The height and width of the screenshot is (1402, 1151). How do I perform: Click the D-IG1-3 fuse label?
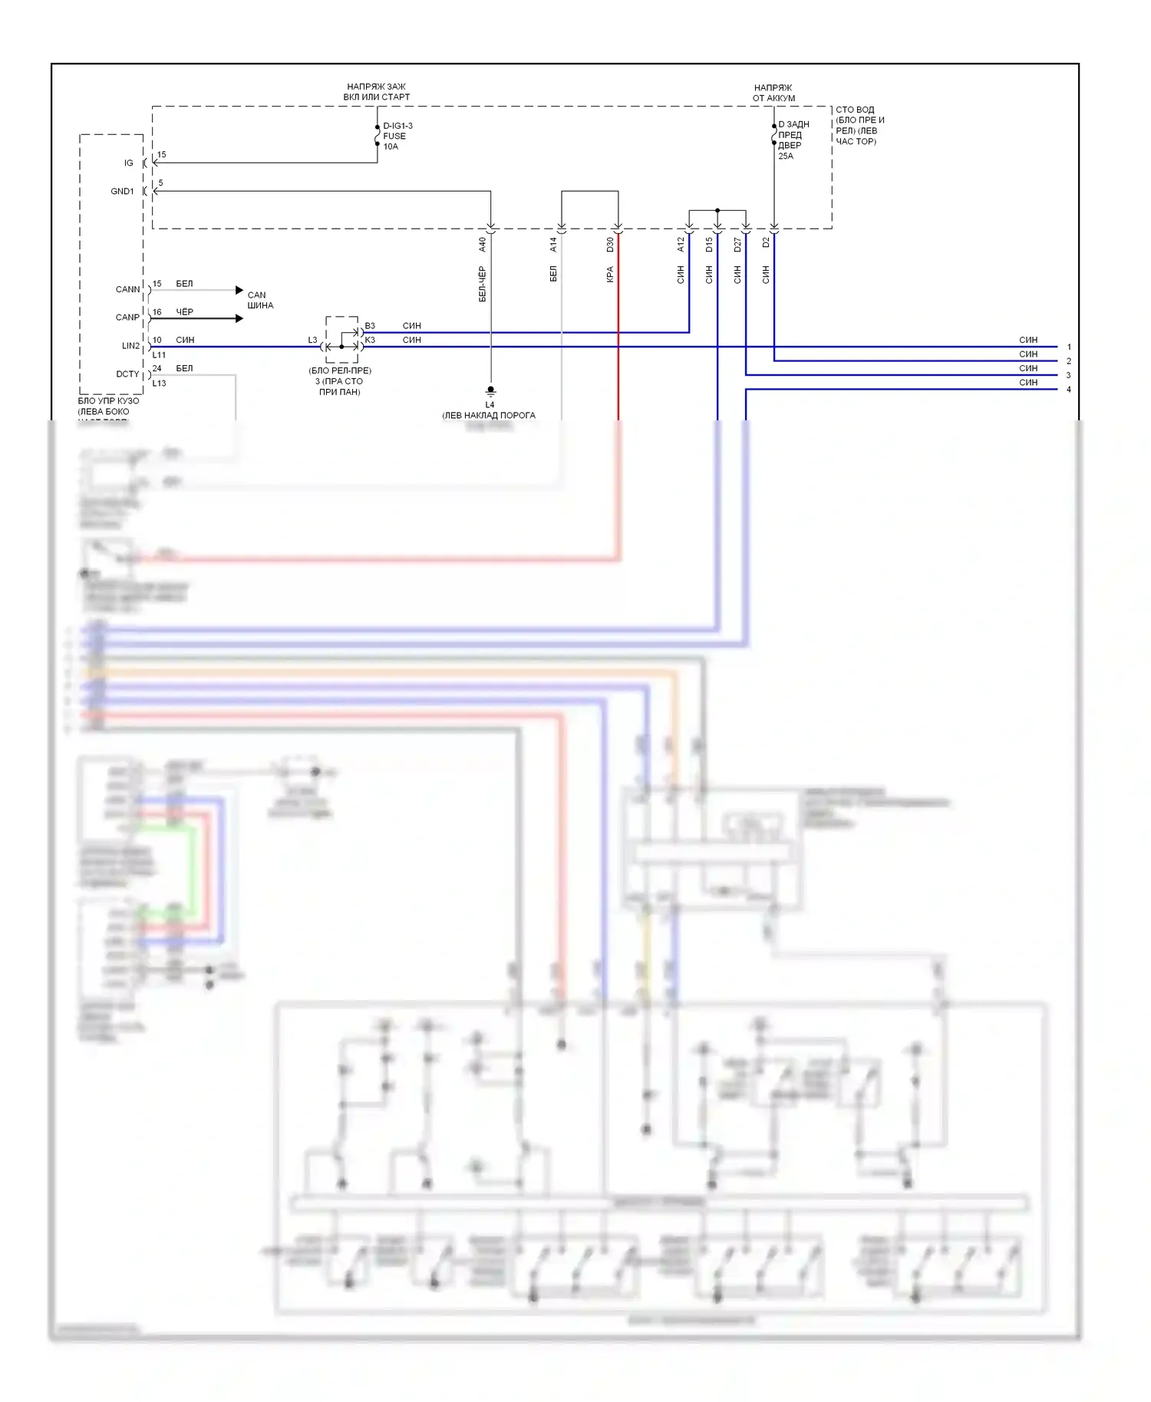point(397,126)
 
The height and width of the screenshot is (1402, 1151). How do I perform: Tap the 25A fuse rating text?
point(786,156)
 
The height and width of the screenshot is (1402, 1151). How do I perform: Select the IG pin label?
point(129,163)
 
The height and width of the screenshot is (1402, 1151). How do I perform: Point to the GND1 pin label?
point(122,192)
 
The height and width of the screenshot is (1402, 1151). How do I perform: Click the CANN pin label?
point(127,290)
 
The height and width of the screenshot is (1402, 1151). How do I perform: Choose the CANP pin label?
point(127,318)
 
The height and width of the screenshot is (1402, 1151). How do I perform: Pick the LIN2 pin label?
point(130,346)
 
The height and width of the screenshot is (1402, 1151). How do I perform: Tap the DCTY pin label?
point(127,374)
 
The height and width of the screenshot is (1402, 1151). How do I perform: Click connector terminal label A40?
point(483,245)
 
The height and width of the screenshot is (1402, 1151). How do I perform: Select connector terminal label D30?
point(610,245)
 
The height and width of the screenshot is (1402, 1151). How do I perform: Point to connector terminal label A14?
point(553,245)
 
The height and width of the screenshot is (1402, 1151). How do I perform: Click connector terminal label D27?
point(737,245)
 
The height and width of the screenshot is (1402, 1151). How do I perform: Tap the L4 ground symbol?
point(490,391)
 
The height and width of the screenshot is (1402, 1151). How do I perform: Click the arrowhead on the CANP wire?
point(239,318)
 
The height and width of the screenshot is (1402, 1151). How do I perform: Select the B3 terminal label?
point(370,326)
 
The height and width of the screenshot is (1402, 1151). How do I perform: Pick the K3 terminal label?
point(370,340)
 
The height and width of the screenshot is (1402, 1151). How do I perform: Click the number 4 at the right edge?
point(1069,390)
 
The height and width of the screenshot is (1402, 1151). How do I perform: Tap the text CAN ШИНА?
point(259,300)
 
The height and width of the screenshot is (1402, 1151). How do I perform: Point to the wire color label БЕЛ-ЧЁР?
point(483,284)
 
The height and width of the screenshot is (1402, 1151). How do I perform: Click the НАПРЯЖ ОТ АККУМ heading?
point(773,93)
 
